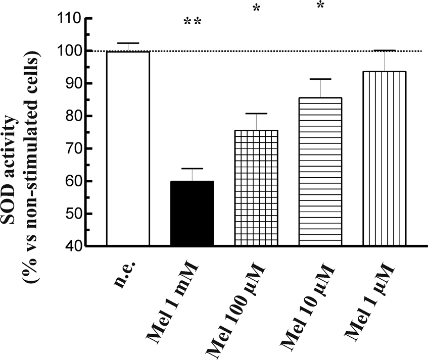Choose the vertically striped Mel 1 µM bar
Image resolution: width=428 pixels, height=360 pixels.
pyautogui.click(x=385, y=159)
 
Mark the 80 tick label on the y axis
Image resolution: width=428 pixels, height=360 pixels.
pyautogui.click(x=73, y=116)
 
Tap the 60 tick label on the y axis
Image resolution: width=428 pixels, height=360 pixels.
pyautogui.click(x=73, y=181)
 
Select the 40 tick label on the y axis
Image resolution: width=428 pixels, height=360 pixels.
pyautogui.click(x=73, y=246)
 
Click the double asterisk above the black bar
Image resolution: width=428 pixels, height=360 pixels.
pyautogui.click(x=193, y=22)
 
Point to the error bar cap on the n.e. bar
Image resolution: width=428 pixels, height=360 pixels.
pyautogui.click(x=128, y=43)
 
